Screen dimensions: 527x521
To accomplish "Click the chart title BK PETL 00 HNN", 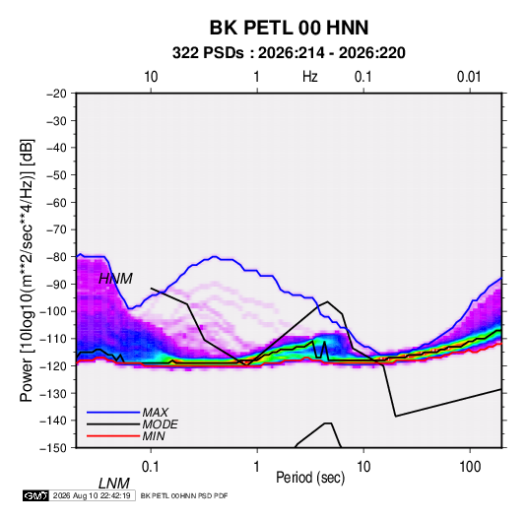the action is [x=289, y=28].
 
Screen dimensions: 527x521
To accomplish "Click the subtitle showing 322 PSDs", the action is [x=289, y=53].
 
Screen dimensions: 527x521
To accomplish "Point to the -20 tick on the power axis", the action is [x=56, y=94].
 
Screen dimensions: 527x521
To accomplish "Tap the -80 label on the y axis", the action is [x=56, y=257].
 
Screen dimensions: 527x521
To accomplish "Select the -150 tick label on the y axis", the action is [x=54, y=448].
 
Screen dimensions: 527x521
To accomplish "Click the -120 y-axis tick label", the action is [x=54, y=365].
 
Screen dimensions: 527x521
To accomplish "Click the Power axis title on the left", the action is [x=27, y=270].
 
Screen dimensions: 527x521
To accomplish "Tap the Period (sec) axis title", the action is [x=310, y=478].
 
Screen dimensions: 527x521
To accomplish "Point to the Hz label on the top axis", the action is [x=310, y=77].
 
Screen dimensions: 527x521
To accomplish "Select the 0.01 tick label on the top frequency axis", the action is [x=469, y=77].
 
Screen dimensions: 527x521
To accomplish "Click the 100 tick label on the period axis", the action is [x=470, y=467].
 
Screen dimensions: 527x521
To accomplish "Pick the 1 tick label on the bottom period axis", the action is [x=257, y=467].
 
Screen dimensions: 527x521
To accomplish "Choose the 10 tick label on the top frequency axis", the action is [x=151, y=77].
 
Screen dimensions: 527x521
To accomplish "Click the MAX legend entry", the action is [x=155, y=413].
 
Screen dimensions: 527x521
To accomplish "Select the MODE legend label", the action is [x=160, y=424].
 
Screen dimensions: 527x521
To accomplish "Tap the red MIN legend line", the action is [x=113, y=436].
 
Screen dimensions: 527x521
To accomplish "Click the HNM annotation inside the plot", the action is [x=115, y=279].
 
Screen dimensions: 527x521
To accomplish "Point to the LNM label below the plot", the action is [x=114, y=484].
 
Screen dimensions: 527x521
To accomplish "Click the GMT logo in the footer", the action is [x=36, y=495].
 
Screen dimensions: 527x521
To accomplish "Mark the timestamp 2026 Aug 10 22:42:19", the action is [x=92, y=495].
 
